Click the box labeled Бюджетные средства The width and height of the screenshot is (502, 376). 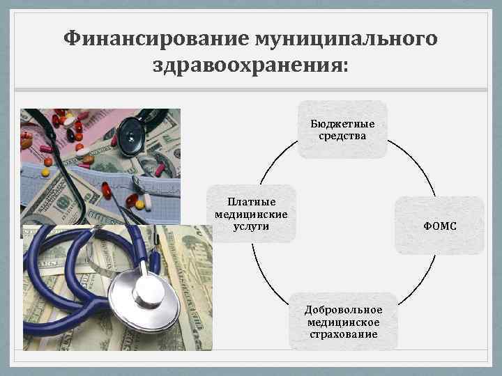coord(342,130)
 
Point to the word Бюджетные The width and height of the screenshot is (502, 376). coord(342,124)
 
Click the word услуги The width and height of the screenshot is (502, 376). coord(251,226)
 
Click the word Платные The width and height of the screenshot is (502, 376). coord(251,203)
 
